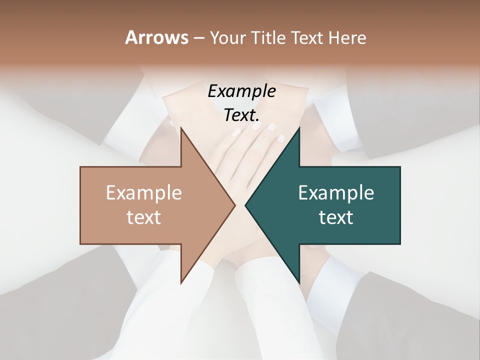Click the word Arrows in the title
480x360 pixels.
click(156, 37)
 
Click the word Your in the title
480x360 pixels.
click(227, 38)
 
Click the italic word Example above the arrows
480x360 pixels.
click(241, 91)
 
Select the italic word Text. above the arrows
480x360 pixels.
click(240, 115)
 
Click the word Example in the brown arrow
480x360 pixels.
click(143, 192)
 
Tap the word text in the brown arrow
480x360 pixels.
click(143, 217)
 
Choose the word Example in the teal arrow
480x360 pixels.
click(336, 192)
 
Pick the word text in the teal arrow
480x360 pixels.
click(336, 217)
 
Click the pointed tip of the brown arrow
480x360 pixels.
click(234, 205)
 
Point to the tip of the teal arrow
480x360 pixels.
click(245, 205)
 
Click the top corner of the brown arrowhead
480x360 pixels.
click(181, 128)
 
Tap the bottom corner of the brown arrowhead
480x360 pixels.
click(181, 282)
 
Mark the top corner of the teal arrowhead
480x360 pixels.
click(299, 128)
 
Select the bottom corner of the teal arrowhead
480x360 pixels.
click(299, 282)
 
